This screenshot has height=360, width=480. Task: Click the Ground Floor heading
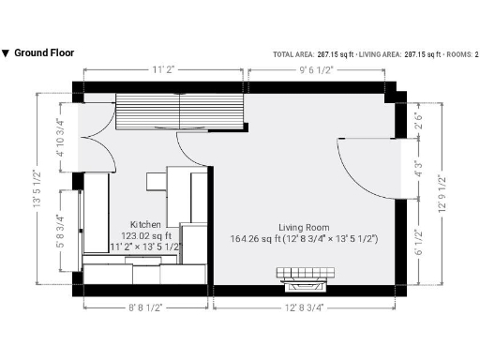(x=43, y=53)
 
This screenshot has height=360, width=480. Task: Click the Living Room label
(x=303, y=227)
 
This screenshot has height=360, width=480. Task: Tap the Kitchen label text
(x=145, y=225)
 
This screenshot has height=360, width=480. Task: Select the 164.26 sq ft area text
(x=304, y=239)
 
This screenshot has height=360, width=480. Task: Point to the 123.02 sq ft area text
(x=145, y=236)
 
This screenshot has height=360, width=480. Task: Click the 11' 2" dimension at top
(x=165, y=69)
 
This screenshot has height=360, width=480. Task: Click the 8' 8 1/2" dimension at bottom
(x=146, y=307)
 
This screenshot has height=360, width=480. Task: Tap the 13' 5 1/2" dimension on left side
(x=37, y=187)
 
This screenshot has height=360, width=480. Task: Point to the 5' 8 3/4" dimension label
(x=61, y=230)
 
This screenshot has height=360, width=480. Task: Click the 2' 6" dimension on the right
(x=417, y=122)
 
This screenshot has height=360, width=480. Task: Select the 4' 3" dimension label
(x=417, y=171)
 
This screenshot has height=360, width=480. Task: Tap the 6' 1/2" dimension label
(x=417, y=242)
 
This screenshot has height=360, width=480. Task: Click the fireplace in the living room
(x=304, y=276)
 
